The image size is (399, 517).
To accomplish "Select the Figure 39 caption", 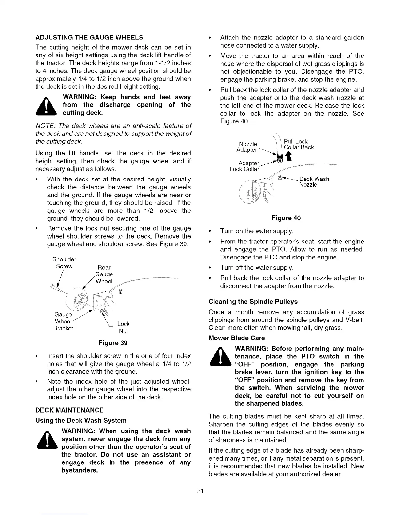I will click(x=113, y=343).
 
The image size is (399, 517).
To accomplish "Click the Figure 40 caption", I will click(x=287, y=218).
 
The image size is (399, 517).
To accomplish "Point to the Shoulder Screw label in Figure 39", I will click(x=64, y=263).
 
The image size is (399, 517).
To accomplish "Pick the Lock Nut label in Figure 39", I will click(x=123, y=327).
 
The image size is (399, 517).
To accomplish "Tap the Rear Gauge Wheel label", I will click(x=104, y=274).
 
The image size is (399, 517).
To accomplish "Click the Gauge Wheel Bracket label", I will click(x=63, y=321).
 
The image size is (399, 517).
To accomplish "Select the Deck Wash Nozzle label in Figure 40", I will click(x=314, y=182).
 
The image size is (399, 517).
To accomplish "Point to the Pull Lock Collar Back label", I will click(x=299, y=144).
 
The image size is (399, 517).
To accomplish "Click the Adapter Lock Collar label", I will click(x=245, y=166).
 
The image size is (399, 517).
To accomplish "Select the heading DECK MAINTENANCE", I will click(x=69, y=410).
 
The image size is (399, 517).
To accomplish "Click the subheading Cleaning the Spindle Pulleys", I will click(x=253, y=301).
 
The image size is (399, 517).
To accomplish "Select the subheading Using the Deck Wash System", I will click(x=81, y=420).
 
